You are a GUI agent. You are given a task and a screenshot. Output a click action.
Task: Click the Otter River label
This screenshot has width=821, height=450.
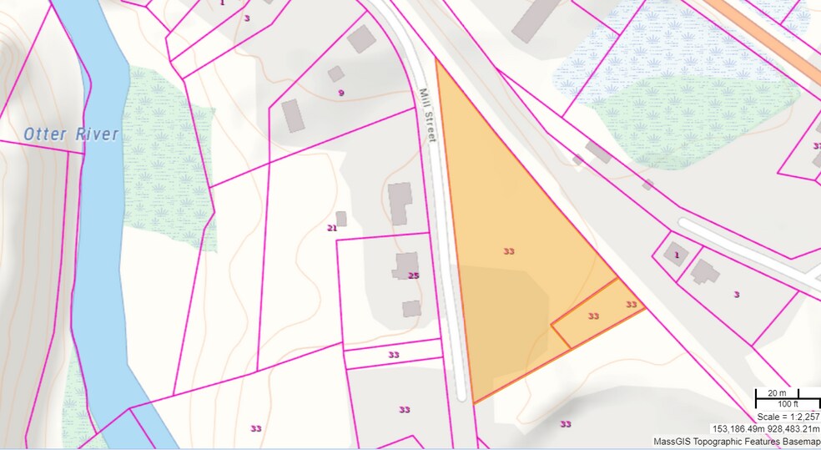pos(71,134)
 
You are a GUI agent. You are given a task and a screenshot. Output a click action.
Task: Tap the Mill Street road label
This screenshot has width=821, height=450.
pos(427,115)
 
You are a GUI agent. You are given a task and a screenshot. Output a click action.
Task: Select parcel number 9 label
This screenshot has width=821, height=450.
pos(340,93)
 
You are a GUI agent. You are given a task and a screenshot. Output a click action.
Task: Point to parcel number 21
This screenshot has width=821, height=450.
pos(331,227)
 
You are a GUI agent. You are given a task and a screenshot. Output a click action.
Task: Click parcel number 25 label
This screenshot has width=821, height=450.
pos(413,276)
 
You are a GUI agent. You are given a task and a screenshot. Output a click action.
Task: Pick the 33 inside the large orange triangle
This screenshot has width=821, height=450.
pos(509,250)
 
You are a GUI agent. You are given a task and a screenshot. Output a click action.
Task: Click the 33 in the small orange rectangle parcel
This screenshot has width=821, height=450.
pos(593,316)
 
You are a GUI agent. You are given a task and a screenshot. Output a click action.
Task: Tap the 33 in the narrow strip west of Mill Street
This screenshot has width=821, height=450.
pos(393,355)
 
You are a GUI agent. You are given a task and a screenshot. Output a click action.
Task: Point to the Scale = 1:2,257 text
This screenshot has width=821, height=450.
pos(787,416)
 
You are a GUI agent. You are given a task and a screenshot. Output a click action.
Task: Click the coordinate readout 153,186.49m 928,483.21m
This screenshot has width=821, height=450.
pos(766,428)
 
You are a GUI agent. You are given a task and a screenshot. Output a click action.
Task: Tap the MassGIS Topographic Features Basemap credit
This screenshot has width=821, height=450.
pos(736,441)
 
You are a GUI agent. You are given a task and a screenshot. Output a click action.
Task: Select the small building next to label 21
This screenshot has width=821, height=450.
pos(341,219)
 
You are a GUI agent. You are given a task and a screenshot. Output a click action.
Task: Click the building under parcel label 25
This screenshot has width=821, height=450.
pos(411,308)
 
